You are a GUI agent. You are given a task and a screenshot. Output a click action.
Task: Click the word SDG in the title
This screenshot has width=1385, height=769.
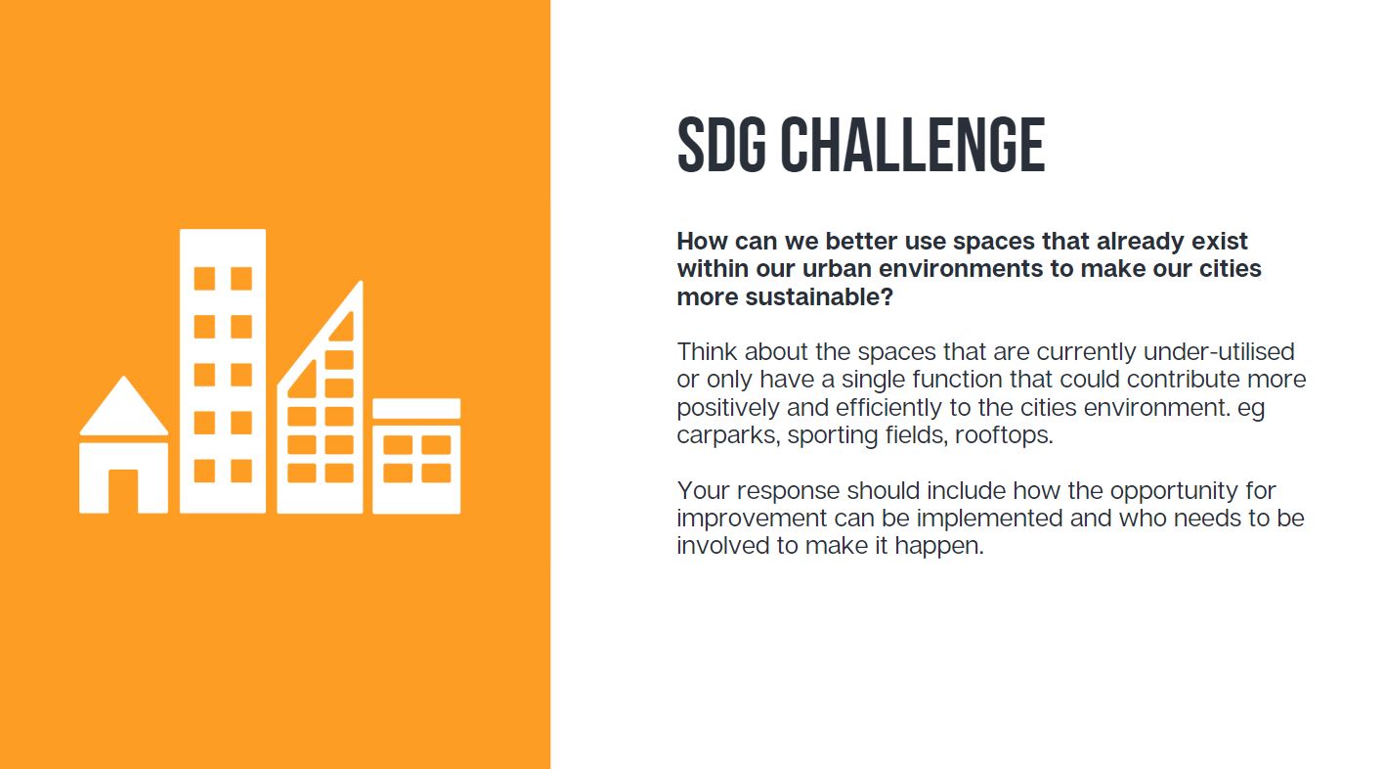click(x=721, y=145)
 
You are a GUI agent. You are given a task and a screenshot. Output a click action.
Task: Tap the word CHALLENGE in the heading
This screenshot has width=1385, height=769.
click(x=913, y=145)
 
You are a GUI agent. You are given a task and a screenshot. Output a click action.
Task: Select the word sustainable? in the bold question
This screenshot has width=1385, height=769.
click(x=819, y=297)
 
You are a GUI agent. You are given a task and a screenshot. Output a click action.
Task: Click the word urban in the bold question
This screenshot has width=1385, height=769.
click(x=838, y=269)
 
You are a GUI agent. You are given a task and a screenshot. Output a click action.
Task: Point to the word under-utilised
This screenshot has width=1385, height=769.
click(x=1219, y=351)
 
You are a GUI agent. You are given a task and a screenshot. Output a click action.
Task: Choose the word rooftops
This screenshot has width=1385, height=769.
click(x=1004, y=435)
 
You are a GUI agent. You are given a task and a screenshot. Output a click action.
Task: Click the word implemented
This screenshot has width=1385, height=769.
click(x=989, y=518)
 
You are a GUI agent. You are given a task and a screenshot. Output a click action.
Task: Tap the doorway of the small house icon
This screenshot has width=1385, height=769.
click(x=123, y=491)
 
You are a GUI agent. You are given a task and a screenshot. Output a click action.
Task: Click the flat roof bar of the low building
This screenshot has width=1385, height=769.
click(x=416, y=409)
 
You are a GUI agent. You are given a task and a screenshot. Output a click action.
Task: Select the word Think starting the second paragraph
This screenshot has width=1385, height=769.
click(x=707, y=351)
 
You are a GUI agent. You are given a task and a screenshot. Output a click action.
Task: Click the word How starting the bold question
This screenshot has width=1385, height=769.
click(x=703, y=241)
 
